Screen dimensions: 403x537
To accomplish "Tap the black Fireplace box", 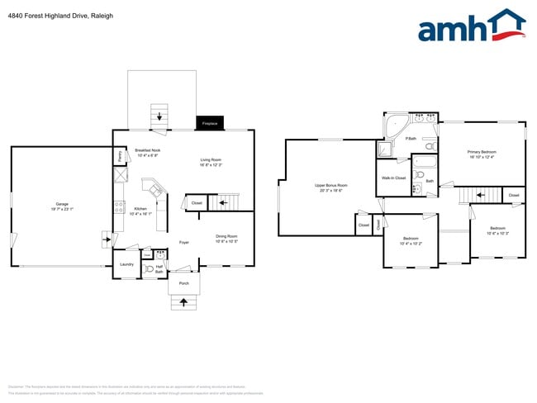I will [209, 123].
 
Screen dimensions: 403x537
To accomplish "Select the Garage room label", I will [62, 206].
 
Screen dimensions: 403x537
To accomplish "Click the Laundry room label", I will [126, 264].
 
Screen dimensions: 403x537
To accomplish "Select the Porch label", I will [184, 283].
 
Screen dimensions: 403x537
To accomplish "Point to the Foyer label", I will [184, 242].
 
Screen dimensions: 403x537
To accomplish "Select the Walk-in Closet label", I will [393, 178].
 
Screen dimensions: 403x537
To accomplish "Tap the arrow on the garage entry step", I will [106, 241].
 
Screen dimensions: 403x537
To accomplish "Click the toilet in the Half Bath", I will [149, 268].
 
